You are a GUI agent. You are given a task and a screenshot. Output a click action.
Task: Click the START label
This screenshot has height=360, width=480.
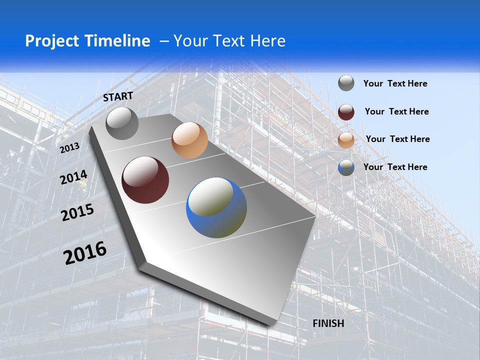pos(118,96)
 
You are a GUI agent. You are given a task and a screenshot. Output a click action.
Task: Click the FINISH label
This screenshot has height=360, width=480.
pos(328,323)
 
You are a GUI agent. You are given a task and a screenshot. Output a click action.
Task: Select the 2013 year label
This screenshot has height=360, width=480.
pos(70,147)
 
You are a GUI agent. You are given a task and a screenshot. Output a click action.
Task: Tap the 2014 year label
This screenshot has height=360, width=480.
pos(73,177)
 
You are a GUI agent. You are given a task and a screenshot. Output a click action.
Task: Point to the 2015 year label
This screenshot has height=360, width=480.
pos(77,212)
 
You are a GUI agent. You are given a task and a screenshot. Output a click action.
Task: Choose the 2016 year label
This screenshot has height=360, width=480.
pos(85,253)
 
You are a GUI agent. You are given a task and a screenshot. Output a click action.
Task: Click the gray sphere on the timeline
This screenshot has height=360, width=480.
pos(122,123)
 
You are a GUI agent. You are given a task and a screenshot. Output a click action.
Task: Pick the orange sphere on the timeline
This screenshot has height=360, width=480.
pos(189,140)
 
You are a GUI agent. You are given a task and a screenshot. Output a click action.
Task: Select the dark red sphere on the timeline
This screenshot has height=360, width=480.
pos(145,180)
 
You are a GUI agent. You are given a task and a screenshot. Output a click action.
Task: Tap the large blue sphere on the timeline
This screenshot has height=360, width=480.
pos(216,207)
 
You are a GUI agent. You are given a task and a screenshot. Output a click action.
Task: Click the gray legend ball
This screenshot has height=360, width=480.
pos(346,83)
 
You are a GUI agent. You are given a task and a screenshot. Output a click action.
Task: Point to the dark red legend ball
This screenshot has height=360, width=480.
pos(346,112)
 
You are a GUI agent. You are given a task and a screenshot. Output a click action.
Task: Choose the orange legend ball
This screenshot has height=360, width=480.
pos(346,140)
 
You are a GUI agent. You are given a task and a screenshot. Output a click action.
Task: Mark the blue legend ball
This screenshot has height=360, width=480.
pos(346,167)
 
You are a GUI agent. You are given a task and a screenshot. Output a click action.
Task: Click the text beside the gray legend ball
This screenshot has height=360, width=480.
pos(395,83)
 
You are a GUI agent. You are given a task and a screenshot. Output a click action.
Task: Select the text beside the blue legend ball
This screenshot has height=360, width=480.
pos(395,167)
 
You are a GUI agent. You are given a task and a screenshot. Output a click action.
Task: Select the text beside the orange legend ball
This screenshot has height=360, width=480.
pos(397,139)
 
